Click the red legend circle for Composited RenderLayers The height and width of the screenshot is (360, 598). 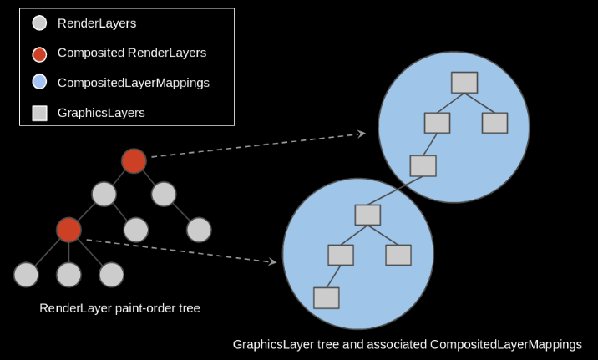click(x=39, y=53)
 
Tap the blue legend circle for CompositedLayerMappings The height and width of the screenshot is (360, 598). click(x=39, y=83)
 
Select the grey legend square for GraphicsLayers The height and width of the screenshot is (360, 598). click(x=39, y=113)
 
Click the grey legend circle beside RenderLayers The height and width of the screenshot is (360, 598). click(x=39, y=24)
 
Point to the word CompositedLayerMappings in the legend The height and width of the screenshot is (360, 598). click(x=133, y=83)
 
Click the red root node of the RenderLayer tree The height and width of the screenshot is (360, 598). click(x=134, y=161)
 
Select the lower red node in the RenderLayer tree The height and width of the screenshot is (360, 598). click(x=68, y=230)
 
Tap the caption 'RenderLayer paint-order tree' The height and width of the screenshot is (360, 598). click(x=119, y=308)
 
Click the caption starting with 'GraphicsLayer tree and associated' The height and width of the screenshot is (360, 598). click(x=407, y=344)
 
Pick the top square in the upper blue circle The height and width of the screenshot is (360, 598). click(x=464, y=83)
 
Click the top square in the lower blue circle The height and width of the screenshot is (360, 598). click(x=367, y=215)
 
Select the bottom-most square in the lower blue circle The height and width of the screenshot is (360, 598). click(x=326, y=297)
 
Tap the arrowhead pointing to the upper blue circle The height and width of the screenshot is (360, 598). click(x=362, y=134)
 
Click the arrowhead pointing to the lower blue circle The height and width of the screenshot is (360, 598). click(x=271, y=262)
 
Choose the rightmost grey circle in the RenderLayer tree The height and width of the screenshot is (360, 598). click(x=199, y=230)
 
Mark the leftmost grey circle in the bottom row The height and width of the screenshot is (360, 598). click(x=26, y=274)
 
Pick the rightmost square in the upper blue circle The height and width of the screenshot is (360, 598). click(x=494, y=123)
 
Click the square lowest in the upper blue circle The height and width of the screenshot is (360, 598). click(x=423, y=165)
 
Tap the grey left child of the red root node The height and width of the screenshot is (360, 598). click(x=104, y=195)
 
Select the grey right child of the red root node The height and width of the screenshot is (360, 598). click(x=164, y=195)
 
